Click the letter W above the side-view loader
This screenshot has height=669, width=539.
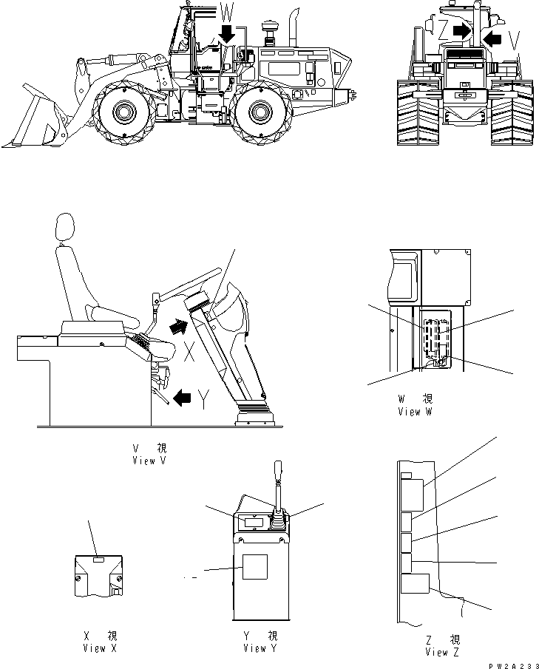(x=228, y=12)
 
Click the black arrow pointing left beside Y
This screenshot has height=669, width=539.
(x=178, y=399)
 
